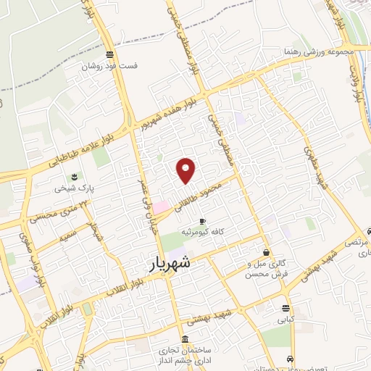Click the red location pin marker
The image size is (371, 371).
[186, 170]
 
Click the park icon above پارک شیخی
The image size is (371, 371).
[75, 176]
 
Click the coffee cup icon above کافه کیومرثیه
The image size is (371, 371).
[202, 220]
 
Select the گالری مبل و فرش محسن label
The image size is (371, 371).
[267, 269]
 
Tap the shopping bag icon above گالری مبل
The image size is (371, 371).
[267, 253]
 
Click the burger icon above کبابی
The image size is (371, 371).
[285, 307]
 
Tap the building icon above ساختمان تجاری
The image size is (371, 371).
[186, 339]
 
